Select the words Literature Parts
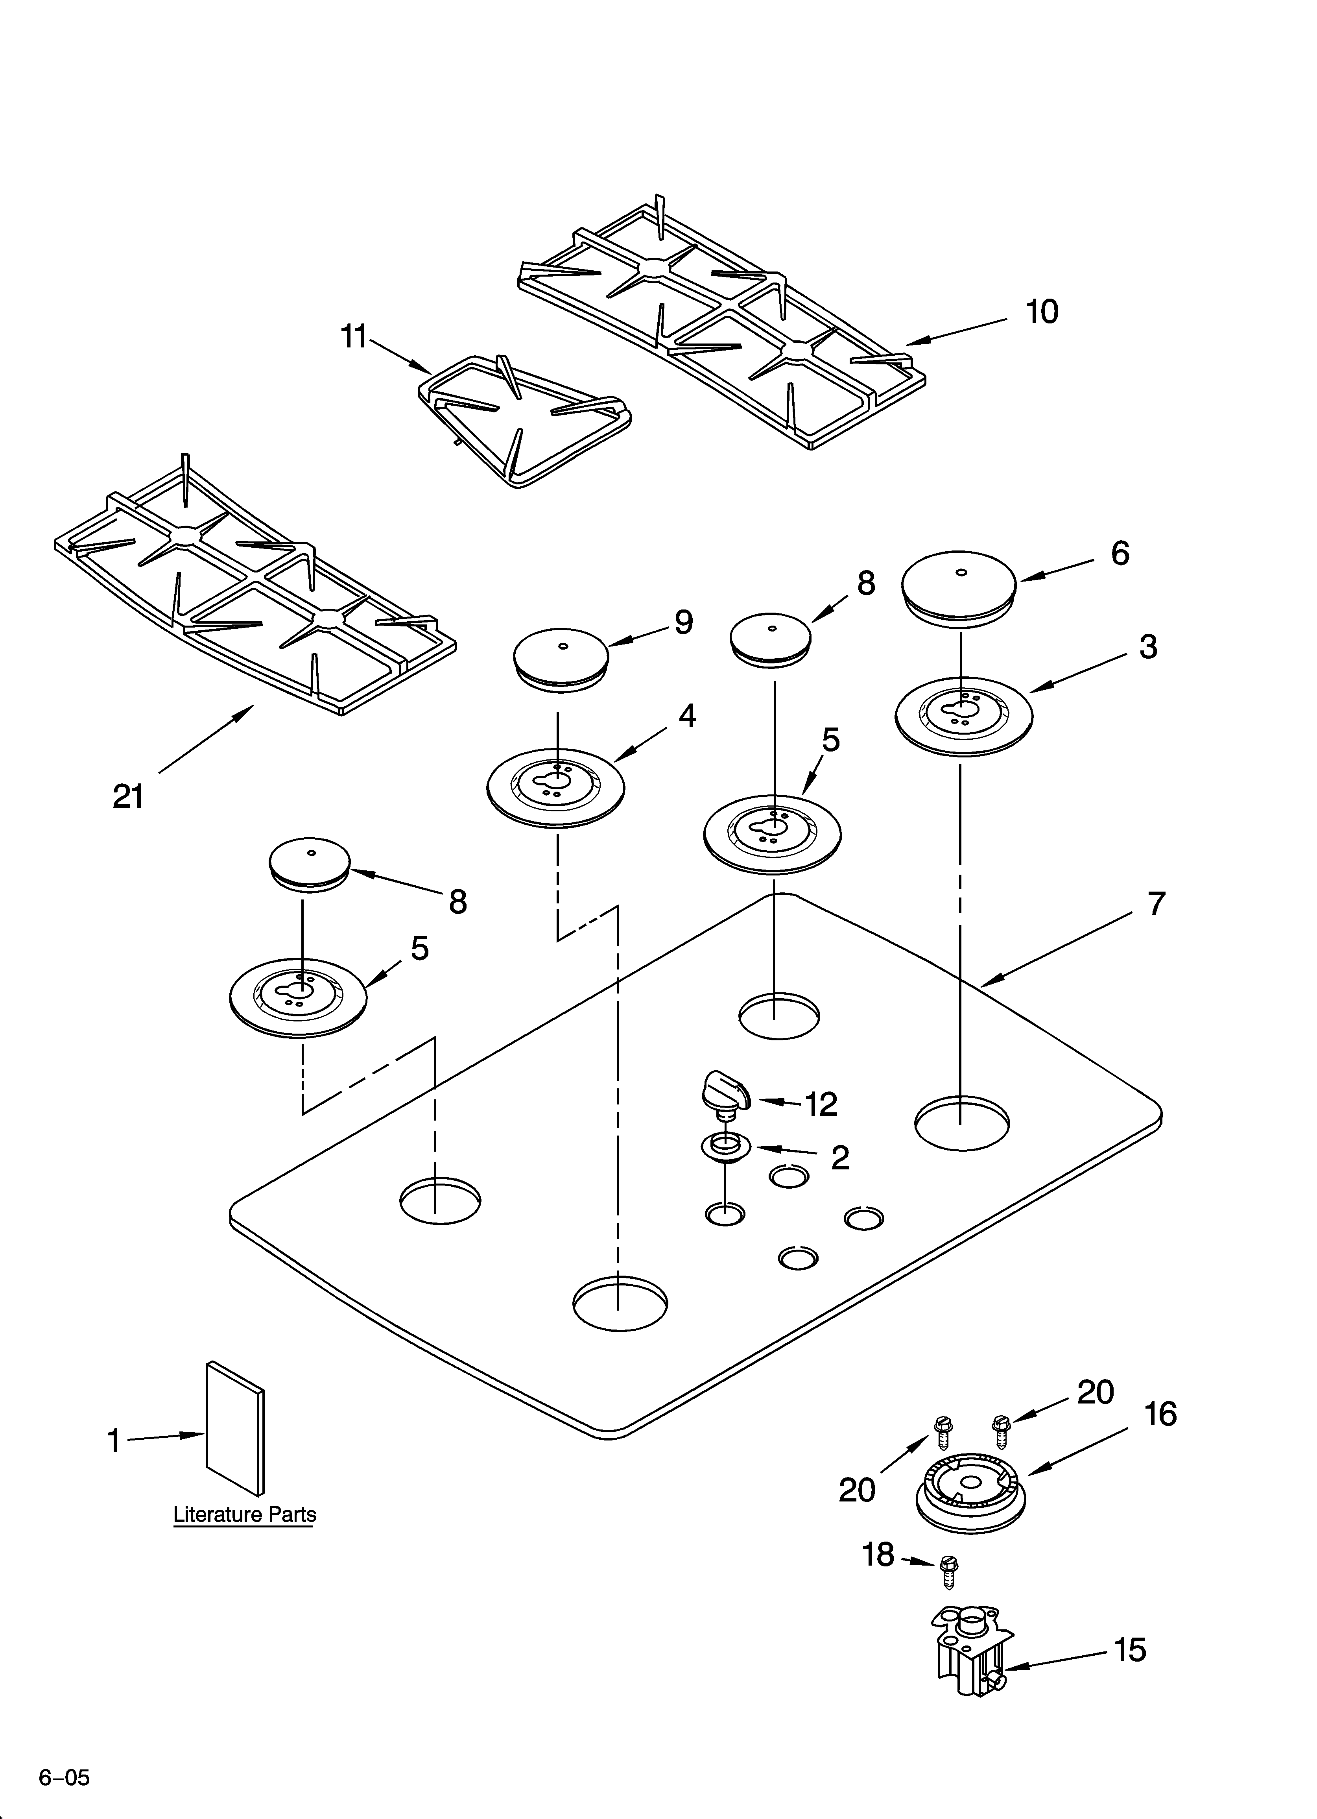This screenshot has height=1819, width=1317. click(245, 1515)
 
